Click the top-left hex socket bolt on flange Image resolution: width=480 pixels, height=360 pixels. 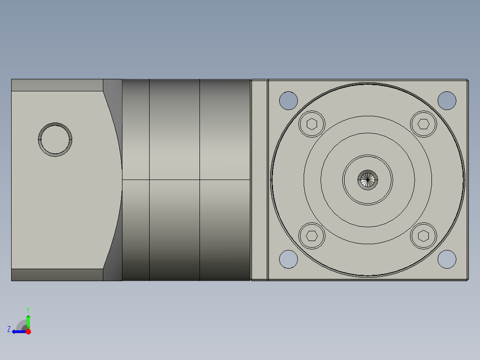[312, 123]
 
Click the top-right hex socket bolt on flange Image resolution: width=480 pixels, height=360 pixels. [423, 123]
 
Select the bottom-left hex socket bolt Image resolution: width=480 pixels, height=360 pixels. [312, 235]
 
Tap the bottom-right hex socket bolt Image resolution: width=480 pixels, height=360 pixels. [423, 235]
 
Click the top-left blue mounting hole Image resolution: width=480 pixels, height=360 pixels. [288, 100]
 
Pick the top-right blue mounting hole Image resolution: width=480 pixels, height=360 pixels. [447, 100]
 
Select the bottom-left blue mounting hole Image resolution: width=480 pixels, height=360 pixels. [288, 259]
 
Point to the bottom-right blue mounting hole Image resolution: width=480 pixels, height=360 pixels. [447, 259]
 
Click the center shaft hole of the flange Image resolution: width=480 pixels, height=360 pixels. [368, 180]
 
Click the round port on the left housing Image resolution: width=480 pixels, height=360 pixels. [55, 139]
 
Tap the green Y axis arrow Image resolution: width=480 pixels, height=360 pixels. [28, 320]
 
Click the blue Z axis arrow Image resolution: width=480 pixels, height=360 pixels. [18, 331]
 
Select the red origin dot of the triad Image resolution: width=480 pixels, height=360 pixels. [28, 331]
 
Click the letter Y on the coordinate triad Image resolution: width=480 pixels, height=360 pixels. [28, 309]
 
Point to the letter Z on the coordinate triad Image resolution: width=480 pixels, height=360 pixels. [9, 329]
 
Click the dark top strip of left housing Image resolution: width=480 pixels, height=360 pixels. [57, 85]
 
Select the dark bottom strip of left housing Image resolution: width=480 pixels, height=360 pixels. [57, 275]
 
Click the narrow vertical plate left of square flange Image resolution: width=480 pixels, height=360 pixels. [259, 180]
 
